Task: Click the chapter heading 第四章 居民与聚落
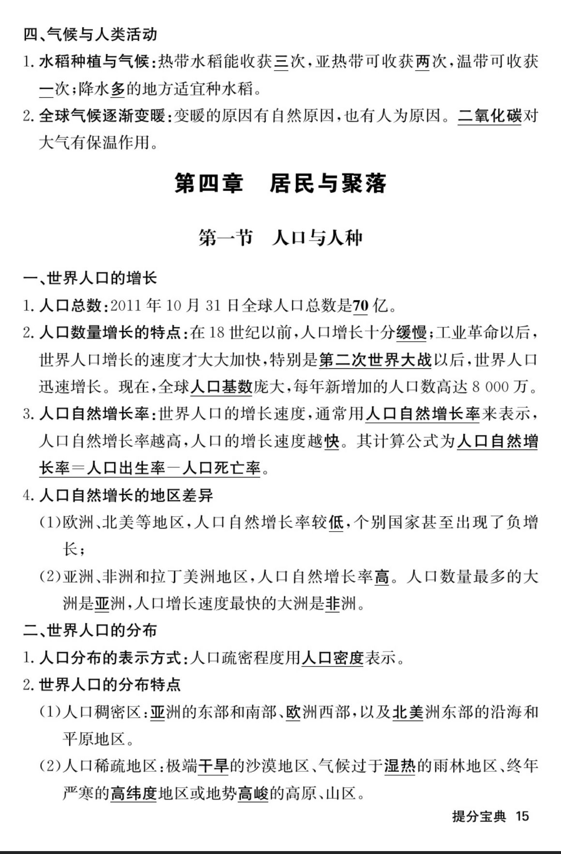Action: point(280,184)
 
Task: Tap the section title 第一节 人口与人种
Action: point(280,238)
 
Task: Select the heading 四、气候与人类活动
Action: point(90,34)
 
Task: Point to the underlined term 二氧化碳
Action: point(489,116)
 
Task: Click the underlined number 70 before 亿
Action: point(361,305)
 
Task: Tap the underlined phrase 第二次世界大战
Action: point(375,360)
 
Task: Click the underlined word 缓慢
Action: point(412,333)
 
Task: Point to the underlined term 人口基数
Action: point(221,387)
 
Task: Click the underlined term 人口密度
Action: point(332,658)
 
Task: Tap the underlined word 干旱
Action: point(213,766)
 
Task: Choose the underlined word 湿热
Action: point(400,766)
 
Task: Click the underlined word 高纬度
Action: point(134,793)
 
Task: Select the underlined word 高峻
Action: point(253,793)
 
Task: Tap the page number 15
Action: point(523,816)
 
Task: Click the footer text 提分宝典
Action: point(479,816)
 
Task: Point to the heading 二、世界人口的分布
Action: point(90,630)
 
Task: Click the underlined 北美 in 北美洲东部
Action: point(408,712)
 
